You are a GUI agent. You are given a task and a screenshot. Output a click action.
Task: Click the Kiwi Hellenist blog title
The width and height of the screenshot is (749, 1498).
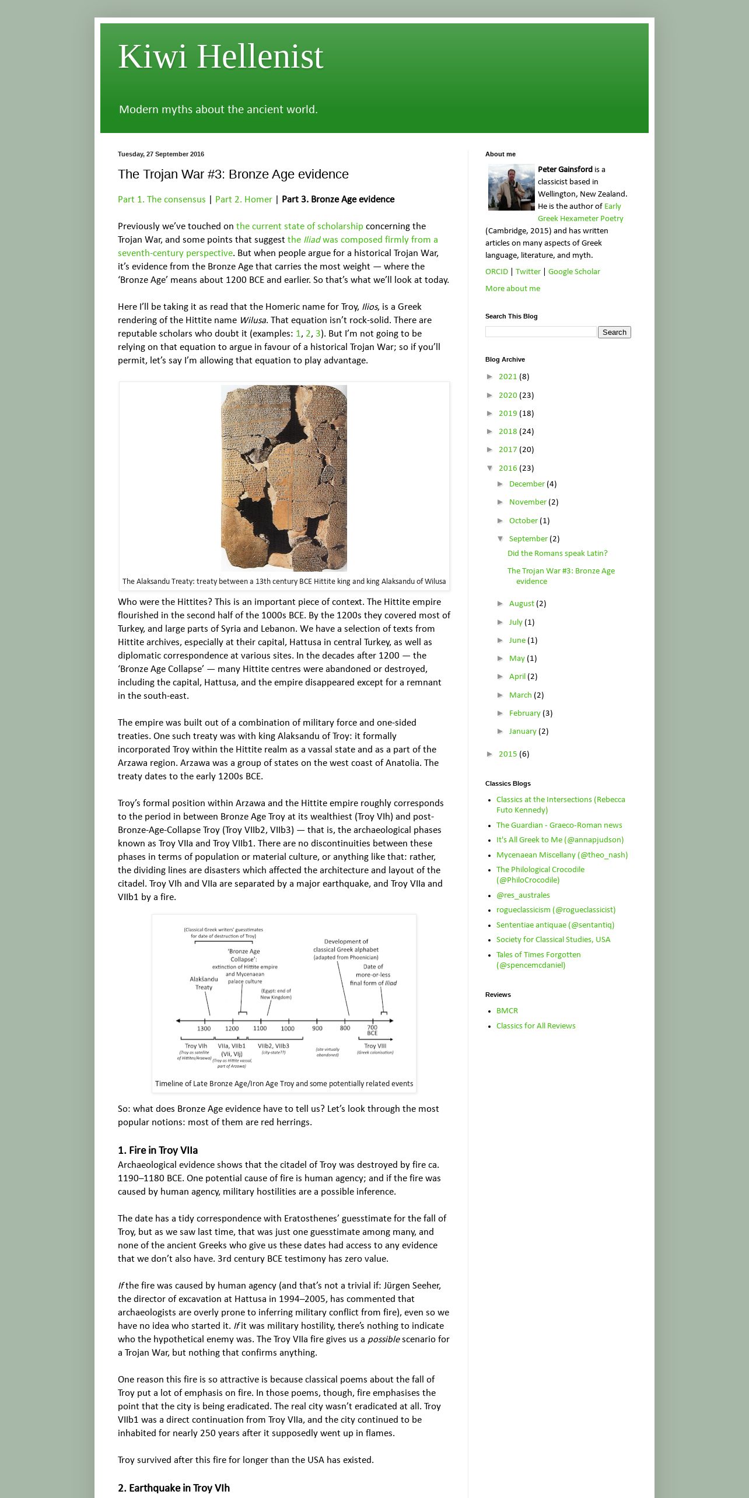pos(220,57)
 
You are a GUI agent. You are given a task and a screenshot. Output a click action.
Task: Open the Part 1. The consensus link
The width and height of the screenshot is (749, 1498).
pos(162,199)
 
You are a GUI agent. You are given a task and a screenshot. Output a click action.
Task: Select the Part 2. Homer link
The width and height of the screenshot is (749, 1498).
pos(243,199)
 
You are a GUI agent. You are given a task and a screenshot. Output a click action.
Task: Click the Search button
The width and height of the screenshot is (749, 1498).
pos(614,332)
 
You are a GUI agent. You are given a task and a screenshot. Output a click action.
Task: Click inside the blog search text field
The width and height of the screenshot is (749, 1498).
pos(541,332)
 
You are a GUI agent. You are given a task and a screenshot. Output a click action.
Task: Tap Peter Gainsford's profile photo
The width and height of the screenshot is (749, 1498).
pos(511,187)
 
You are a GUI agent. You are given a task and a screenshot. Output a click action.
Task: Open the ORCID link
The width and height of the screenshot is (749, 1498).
pos(496,271)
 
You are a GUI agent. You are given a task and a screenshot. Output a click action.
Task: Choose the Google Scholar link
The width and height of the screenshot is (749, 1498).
pos(573,271)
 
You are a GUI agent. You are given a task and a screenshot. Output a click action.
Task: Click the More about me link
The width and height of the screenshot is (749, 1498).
pos(513,288)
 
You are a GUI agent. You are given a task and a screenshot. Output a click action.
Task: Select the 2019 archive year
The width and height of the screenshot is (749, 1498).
pos(508,413)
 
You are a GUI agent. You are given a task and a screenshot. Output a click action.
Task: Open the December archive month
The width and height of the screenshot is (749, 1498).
pos(526,484)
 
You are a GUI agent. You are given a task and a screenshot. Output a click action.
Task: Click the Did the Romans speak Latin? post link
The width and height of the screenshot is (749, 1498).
pos(557,553)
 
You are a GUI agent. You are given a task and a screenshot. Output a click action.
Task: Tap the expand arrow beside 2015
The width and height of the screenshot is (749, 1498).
pos(491,754)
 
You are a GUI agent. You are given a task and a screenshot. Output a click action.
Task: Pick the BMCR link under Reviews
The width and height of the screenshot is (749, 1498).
pos(507,1010)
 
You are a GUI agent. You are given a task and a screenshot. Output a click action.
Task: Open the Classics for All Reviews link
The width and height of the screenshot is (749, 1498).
pos(535,1025)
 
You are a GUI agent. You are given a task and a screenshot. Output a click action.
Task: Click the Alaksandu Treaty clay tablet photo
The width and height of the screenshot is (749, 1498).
pos(284,478)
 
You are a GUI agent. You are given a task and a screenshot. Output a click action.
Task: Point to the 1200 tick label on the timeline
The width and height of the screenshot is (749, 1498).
pos(232,1028)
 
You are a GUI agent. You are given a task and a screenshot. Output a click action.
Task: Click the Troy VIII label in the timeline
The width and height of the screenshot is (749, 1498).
pos(375,1045)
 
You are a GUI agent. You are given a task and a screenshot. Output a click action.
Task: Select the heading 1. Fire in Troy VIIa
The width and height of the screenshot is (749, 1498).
pos(157,1150)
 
